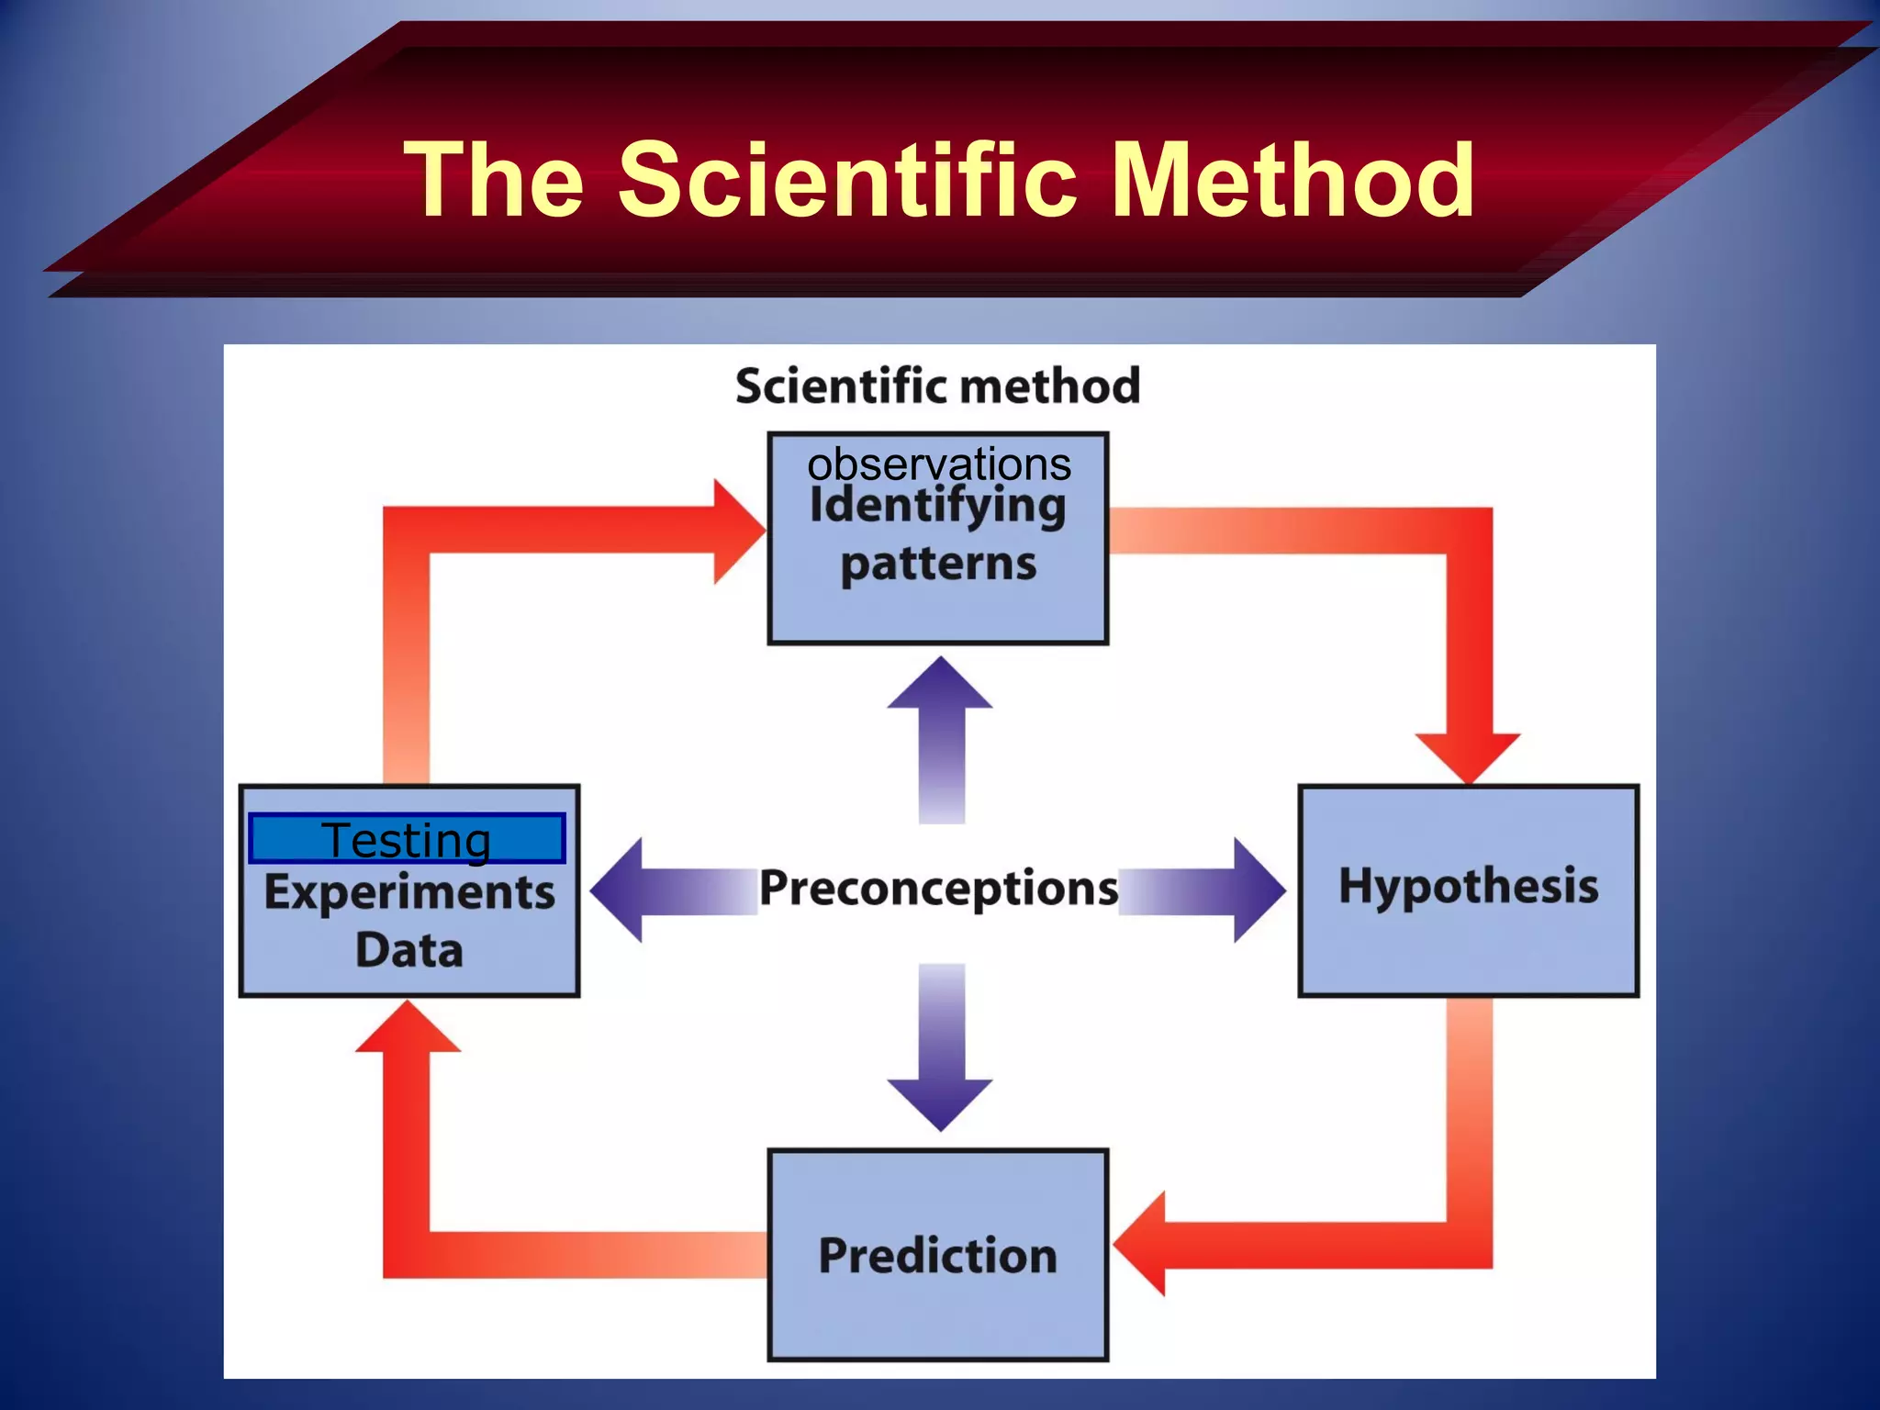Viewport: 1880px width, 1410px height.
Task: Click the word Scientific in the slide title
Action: click(846, 180)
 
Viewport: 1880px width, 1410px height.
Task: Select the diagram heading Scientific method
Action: click(937, 386)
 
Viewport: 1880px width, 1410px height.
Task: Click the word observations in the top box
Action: click(938, 464)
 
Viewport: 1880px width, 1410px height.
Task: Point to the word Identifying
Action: click(937, 507)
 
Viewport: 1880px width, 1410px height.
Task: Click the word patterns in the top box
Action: click(937, 564)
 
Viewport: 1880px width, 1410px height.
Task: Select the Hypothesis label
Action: click(1468, 887)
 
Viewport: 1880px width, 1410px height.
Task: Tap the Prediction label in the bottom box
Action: click(937, 1255)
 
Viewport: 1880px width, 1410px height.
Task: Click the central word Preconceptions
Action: click(938, 889)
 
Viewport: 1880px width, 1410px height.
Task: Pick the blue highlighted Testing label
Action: click(406, 839)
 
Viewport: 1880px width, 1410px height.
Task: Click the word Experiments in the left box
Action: click(409, 892)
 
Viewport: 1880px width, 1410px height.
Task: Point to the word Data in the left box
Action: click(409, 950)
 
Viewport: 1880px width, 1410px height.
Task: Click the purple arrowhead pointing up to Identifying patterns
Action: click(940, 687)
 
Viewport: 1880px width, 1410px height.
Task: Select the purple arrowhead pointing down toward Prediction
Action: click(940, 1102)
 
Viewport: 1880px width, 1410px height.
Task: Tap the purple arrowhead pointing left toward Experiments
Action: click(621, 890)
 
